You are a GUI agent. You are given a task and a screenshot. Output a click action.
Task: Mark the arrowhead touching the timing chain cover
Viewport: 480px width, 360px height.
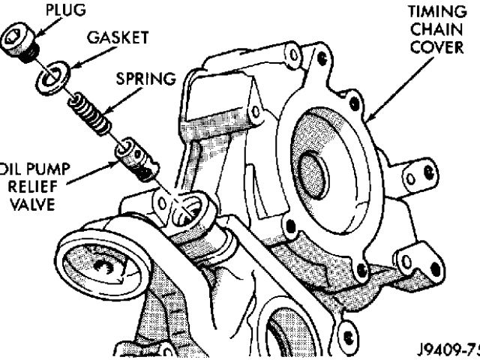click(370, 118)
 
